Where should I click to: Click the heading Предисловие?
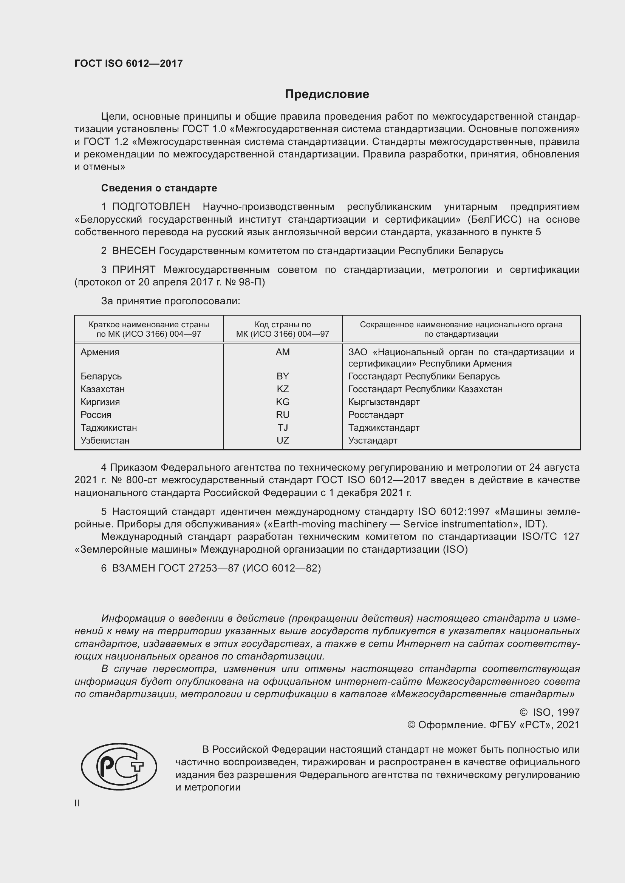coord(327,94)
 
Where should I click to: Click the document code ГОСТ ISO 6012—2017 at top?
coord(128,63)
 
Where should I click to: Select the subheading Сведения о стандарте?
coord(159,188)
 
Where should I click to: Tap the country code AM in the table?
coord(283,352)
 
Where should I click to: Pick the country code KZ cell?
coord(283,389)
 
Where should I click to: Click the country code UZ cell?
coord(283,440)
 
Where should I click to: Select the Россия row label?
coord(96,415)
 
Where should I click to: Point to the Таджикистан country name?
coord(108,428)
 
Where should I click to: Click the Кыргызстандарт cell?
coord(384,402)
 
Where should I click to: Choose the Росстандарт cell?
coord(376,415)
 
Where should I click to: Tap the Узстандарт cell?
coord(373,440)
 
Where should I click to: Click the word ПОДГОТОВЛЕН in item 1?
coord(151,207)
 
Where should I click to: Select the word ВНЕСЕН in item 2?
coord(133,251)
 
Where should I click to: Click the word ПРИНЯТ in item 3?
coord(133,270)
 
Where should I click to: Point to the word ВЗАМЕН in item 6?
coord(133,568)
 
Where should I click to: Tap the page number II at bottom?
coord(77,803)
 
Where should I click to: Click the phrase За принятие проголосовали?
coord(170,301)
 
